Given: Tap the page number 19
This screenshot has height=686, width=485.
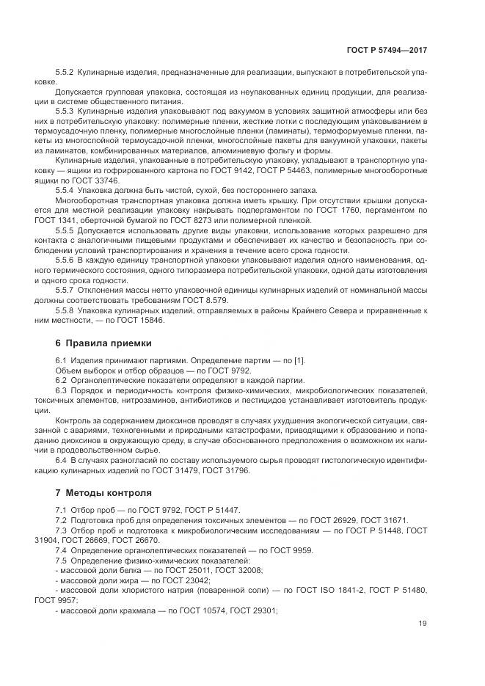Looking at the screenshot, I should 423,624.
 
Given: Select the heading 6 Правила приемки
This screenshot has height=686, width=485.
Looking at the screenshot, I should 103,343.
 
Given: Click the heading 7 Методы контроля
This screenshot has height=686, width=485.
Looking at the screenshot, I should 103,492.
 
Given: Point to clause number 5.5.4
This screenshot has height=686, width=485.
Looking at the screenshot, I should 67,191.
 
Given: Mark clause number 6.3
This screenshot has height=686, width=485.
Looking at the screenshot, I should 61,389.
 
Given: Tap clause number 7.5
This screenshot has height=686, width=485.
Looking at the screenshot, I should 61,561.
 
